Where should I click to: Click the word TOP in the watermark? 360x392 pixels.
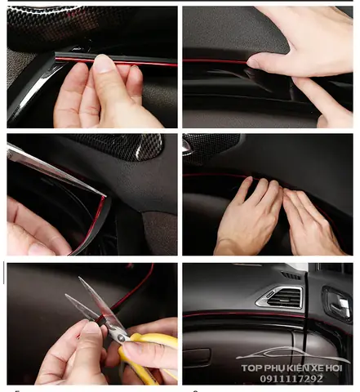click(251, 368)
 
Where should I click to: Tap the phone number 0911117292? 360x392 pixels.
click(291, 379)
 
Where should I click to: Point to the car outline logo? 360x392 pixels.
click(293, 355)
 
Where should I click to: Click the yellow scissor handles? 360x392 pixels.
click(149, 354)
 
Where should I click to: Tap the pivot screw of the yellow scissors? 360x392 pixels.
click(120, 337)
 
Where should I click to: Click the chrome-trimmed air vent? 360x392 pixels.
click(279, 297)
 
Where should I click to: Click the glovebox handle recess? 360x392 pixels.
click(197, 354)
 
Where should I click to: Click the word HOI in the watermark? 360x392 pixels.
click(334, 368)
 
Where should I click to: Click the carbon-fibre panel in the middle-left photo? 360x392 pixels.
click(120, 145)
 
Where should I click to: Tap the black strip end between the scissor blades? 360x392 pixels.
click(102, 323)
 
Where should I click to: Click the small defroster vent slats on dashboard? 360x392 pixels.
click(291, 276)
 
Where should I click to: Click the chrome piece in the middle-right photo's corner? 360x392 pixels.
click(187, 145)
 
